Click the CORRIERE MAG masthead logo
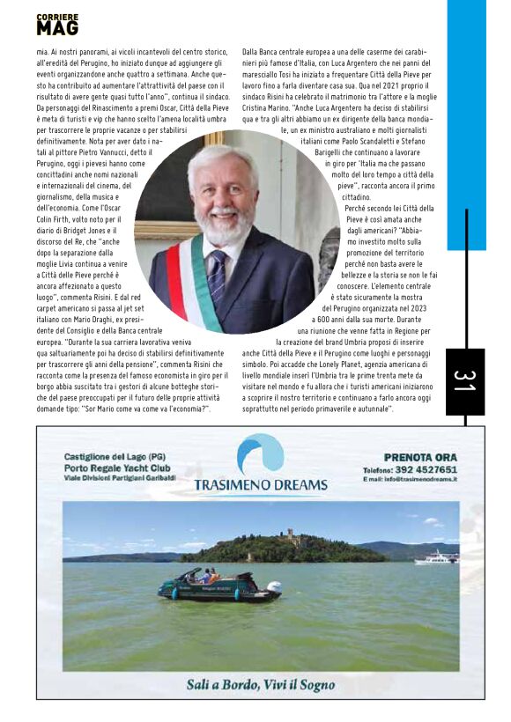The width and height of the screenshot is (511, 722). [57, 25]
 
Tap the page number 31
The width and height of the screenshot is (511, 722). [464, 381]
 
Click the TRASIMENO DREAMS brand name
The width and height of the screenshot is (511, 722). [260, 484]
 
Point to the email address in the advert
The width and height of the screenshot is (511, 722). [422, 479]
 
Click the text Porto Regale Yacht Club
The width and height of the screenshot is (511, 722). [116, 468]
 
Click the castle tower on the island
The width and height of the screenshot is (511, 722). [287, 535]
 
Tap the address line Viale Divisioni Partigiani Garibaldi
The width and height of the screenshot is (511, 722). [120, 477]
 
